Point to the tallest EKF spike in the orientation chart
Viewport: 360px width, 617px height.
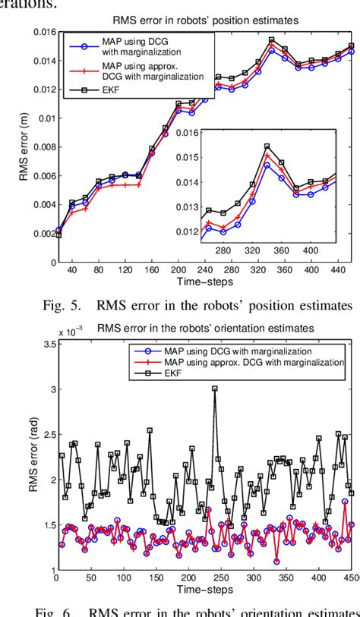(215, 389)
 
